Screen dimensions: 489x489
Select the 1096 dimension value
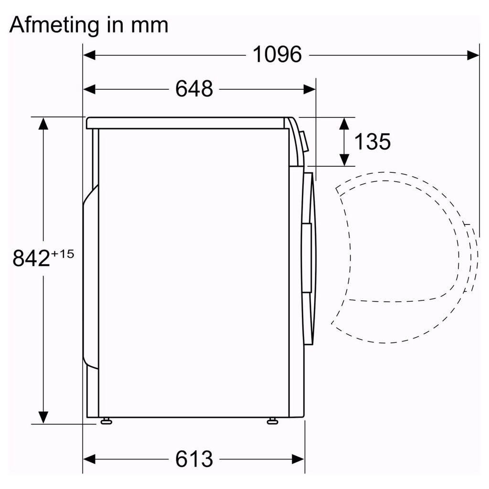click(x=277, y=55)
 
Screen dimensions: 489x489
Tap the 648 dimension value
click(x=194, y=89)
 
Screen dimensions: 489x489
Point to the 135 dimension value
click(x=372, y=141)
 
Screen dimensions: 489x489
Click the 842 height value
click(x=31, y=259)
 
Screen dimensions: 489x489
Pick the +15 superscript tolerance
click(x=63, y=254)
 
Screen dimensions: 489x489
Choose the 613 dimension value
click(x=194, y=459)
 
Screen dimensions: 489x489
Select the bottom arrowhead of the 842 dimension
click(x=43, y=417)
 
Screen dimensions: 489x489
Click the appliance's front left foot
click(x=105, y=421)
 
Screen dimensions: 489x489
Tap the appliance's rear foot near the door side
click(x=273, y=421)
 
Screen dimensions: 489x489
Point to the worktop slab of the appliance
click(x=186, y=123)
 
